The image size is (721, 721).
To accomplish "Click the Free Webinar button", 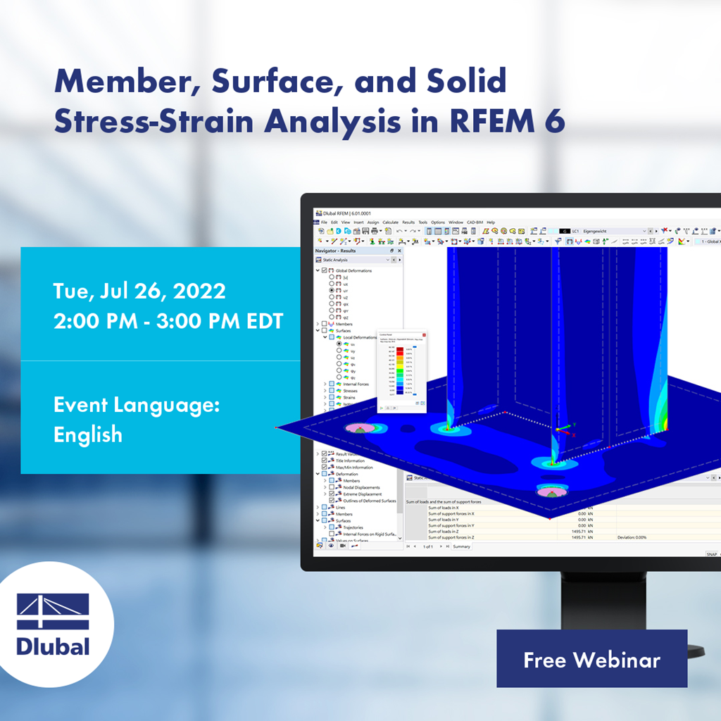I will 591,659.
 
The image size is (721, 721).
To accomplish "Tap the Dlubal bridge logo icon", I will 53,611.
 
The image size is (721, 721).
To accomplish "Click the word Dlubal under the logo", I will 53,646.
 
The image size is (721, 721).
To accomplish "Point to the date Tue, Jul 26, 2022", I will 139,291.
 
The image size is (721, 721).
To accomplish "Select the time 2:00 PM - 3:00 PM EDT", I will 168,321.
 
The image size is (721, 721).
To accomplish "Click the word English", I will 88,434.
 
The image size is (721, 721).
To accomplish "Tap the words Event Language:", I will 137,405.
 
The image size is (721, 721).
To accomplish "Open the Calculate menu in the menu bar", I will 390,222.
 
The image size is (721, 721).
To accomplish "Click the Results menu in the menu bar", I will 408,222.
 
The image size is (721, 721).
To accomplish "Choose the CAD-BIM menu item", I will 475,222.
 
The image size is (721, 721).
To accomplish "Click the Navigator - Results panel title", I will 336,251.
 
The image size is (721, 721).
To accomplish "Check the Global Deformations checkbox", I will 324,270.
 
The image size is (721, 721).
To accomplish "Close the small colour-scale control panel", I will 424,335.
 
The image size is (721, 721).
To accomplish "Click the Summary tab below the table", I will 461,546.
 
